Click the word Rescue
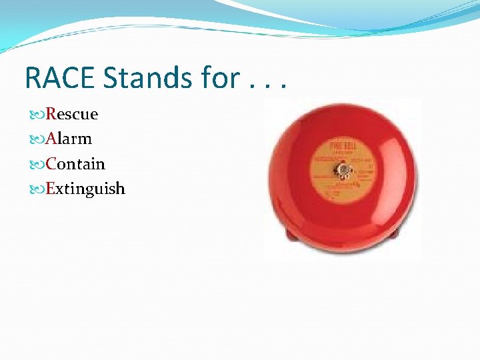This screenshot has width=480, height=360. (x=72, y=114)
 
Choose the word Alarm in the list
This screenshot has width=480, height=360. (x=69, y=139)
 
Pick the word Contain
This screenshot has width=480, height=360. (x=75, y=164)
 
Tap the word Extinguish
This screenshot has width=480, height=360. (x=85, y=189)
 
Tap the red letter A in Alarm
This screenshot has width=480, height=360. (x=51, y=139)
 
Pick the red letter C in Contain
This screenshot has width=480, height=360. (x=51, y=164)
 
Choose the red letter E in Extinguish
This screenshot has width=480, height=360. (x=51, y=189)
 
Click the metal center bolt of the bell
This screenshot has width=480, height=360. (x=343, y=171)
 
